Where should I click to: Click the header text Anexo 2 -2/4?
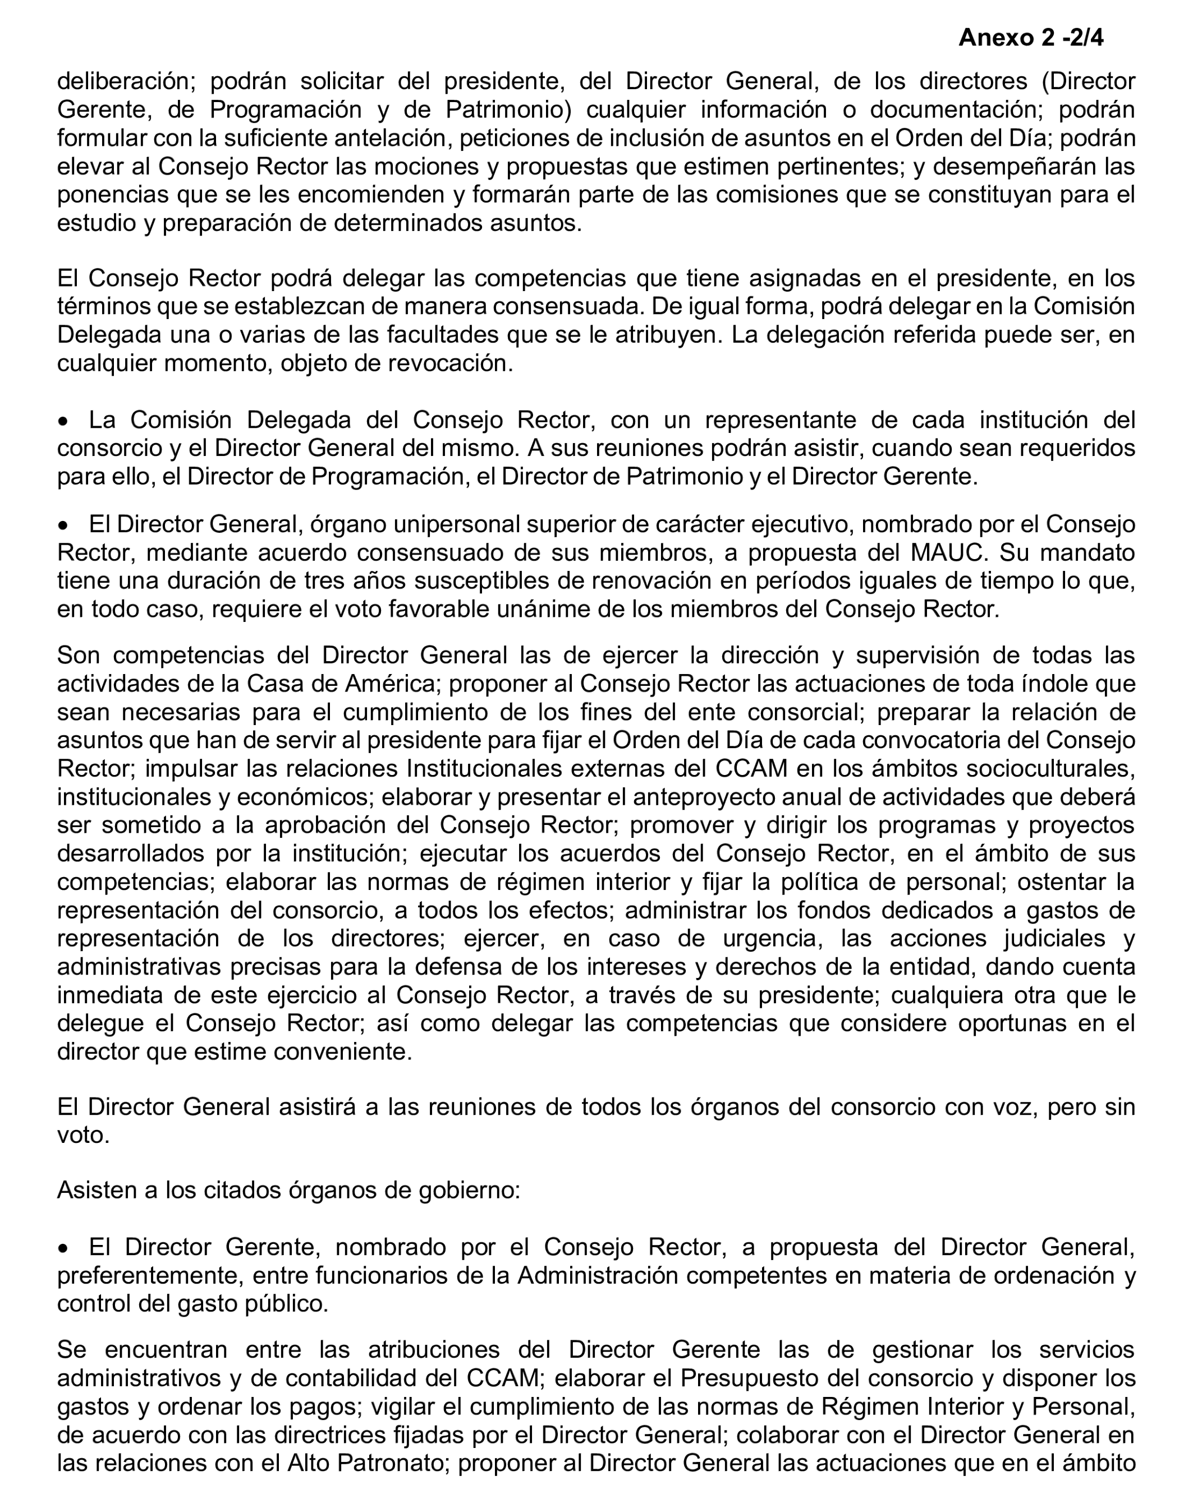(1030, 38)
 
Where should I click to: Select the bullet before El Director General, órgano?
(63, 525)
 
